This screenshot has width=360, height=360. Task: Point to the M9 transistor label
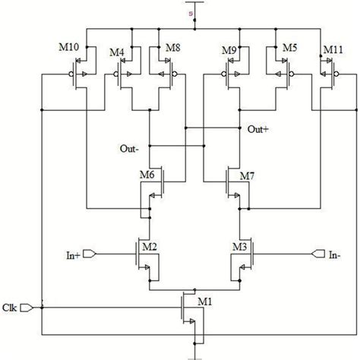pos(228,52)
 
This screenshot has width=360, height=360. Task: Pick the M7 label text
pos(247,175)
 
